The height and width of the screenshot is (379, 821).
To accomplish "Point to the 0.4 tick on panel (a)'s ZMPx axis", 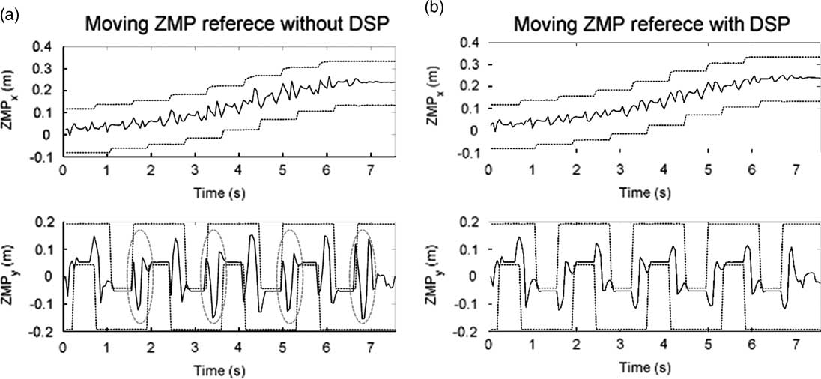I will coord(42,47).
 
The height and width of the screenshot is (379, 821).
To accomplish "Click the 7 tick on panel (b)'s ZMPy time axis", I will coord(796,349).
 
